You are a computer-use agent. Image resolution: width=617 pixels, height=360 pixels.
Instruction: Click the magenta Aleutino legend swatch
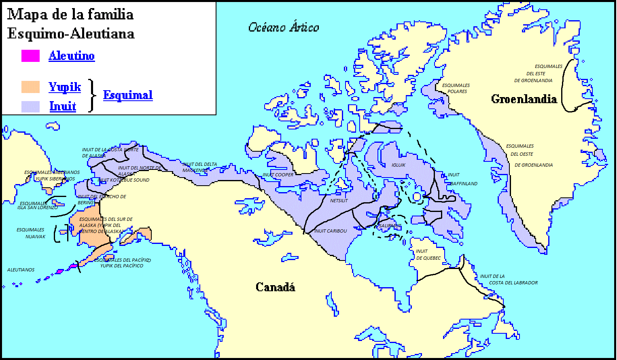point(30,56)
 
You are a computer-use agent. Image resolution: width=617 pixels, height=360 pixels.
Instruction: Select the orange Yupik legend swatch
point(30,87)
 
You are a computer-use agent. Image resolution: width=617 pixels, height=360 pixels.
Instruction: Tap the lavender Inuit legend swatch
point(30,106)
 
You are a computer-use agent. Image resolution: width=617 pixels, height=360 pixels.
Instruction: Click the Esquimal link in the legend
point(128,95)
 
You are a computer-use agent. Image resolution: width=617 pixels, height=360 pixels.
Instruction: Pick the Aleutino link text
point(72,56)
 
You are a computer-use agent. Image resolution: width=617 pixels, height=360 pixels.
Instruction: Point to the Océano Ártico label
point(284,28)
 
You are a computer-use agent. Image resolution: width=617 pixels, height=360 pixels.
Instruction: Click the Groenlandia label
point(524,99)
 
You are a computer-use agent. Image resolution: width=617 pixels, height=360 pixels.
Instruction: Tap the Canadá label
point(275,287)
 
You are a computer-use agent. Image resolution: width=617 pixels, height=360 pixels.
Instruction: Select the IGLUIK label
point(399,165)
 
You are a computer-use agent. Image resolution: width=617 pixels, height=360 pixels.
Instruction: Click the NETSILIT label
point(339,201)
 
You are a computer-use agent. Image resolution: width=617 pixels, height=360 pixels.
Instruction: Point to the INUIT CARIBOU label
point(331,231)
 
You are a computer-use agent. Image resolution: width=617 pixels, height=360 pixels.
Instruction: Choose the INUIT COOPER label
point(278,175)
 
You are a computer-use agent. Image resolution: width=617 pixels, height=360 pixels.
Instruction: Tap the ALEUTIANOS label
point(21,270)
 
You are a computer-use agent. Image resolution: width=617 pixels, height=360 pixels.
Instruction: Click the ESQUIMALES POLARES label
point(456,88)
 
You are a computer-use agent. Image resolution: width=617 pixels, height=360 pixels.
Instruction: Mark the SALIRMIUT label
point(390,226)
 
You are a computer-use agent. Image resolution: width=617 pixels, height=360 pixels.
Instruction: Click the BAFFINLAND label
point(464,184)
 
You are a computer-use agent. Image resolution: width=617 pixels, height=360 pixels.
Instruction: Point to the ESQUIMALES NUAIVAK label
point(31,233)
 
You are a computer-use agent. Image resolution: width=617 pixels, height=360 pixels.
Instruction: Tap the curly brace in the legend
point(93,95)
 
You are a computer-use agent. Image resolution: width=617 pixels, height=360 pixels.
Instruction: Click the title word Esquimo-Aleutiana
point(71,34)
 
